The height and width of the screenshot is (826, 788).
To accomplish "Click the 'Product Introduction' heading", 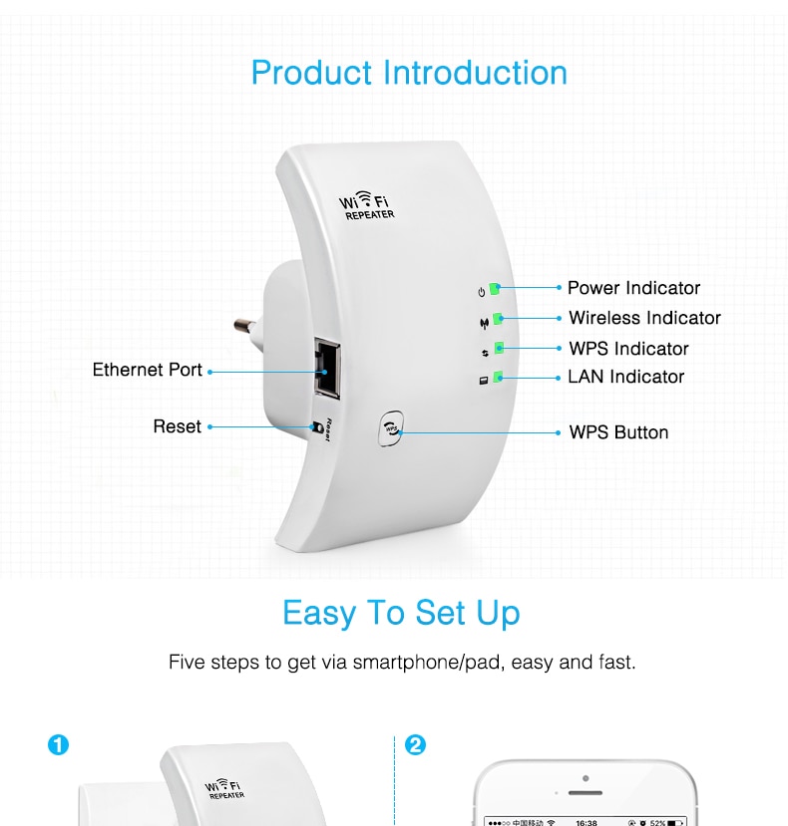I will (x=409, y=73).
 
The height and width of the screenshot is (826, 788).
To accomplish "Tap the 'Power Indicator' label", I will (x=633, y=288).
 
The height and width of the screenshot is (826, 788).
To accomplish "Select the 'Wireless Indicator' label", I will (x=644, y=318).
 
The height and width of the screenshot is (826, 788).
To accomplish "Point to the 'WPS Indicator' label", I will (x=628, y=349).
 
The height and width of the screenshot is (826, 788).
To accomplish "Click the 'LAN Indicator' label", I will (x=626, y=377).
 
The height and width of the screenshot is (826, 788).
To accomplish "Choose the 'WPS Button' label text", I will (x=618, y=432).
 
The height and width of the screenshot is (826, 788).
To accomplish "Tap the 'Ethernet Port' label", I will (x=148, y=370).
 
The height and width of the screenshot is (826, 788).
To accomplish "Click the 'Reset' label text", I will (x=178, y=426).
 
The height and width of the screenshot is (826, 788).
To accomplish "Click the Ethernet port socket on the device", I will (x=326, y=364).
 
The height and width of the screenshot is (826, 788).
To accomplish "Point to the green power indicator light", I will (x=495, y=289).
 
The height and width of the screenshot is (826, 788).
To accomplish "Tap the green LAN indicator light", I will (x=498, y=378).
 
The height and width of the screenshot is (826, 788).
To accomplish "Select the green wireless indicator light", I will (x=497, y=319).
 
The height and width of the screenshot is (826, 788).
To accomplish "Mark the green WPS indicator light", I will (x=499, y=349).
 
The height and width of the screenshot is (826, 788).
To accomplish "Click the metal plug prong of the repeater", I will (x=243, y=325).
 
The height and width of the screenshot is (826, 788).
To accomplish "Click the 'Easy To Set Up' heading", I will (x=401, y=613).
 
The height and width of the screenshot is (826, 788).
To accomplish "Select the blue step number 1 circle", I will (x=59, y=745).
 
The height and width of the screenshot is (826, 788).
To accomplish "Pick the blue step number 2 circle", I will (x=415, y=745).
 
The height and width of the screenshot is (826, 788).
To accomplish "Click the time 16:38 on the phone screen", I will (x=586, y=822).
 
